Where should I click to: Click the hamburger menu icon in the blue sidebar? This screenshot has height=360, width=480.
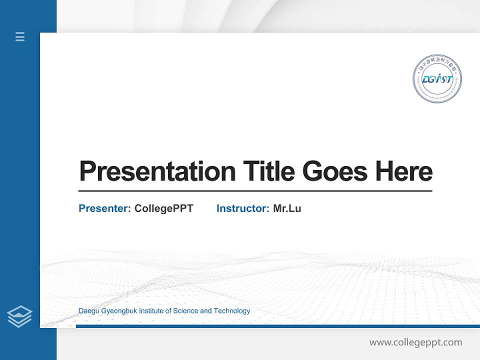(x=20, y=36)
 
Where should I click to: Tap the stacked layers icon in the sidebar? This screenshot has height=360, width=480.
(x=19, y=316)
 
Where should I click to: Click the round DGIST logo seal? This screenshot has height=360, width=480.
(x=437, y=79)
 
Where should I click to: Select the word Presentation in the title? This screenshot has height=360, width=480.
(x=157, y=171)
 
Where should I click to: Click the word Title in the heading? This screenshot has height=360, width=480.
(x=268, y=171)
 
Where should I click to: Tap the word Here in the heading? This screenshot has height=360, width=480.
(x=403, y=171)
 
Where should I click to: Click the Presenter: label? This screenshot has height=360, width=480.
(x=104, y=208)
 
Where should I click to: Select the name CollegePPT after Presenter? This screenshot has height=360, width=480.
(x=163, y=208)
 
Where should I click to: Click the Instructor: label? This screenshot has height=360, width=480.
(x=242, y=208)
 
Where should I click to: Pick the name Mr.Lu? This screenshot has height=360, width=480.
(x=287, y=208)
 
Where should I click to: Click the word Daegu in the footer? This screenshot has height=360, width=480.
(x=88, y=311)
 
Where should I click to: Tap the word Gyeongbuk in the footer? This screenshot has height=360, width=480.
(x=119, y=311)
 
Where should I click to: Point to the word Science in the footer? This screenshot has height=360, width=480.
(x=185, y=311)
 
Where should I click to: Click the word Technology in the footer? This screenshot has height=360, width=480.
(x=232, y=311)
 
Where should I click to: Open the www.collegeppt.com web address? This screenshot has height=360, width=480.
(x=415, y=342)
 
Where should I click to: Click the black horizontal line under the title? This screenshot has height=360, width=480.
(x=255, y=190)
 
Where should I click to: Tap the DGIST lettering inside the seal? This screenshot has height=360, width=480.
(x=437, y=79)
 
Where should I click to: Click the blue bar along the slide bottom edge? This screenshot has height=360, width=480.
(x=277, y=326)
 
